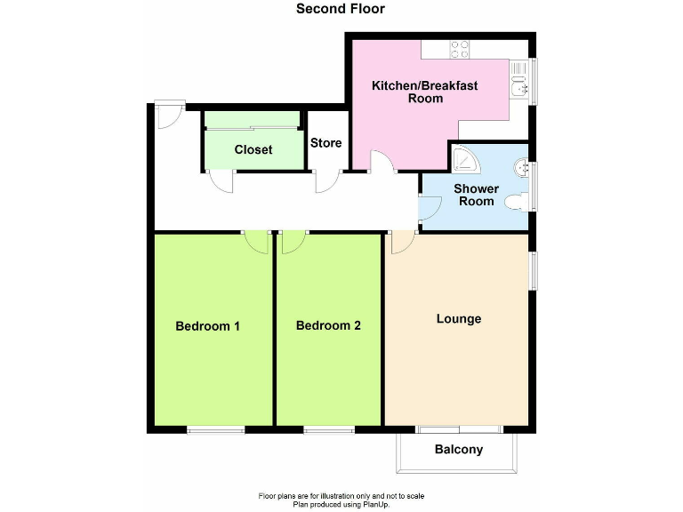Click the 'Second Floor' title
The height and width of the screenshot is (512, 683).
pos(341,10)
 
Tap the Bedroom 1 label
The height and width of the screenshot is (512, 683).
pos(207,326)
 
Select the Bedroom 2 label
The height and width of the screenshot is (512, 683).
pos(328,326)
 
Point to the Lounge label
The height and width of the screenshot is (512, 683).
pos(459,319)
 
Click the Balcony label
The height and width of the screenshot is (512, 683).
pos(459,450)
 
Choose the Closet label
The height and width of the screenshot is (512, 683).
pos(253,149)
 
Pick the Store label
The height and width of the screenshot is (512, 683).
pos(325,143)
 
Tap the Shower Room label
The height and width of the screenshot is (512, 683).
pos(476,195)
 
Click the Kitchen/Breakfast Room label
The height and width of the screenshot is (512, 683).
pos(425,92)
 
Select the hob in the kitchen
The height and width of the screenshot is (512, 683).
pos(460,50)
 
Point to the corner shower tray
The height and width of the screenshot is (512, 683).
pos(464,159)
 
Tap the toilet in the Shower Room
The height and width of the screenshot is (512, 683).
pos(515,204)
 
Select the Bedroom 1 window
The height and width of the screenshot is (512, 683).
pos(215,431)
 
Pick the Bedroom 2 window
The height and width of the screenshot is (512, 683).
pos(329,431)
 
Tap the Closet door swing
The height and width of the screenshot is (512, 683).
pos(221,180)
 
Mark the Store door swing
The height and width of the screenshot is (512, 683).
pos(326,180)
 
